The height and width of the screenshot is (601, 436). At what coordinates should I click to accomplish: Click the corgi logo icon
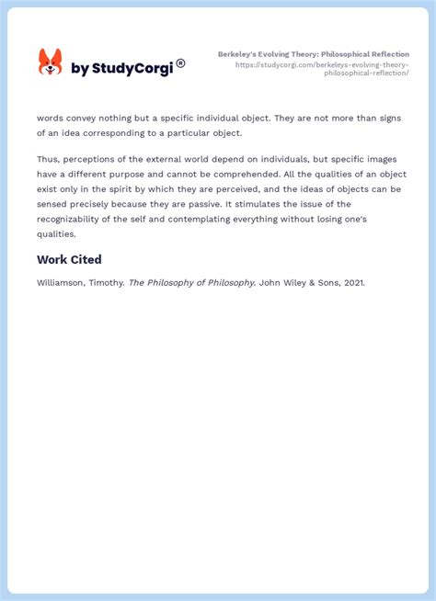pos(50,62)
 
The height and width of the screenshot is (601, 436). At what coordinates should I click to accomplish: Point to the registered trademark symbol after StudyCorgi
pos(180,62)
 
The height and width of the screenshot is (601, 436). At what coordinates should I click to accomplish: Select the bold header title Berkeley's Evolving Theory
pos(313,54)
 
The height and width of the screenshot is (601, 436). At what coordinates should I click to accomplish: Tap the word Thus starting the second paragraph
pos(47,160)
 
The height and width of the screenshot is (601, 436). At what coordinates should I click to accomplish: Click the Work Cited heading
pos(69,260)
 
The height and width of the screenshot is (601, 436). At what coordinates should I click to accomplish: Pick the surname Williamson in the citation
pos(63,283)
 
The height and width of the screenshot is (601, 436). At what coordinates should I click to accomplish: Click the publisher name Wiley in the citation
pos(294,283)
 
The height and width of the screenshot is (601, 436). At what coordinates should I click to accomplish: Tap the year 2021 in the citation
pos(352,283)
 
